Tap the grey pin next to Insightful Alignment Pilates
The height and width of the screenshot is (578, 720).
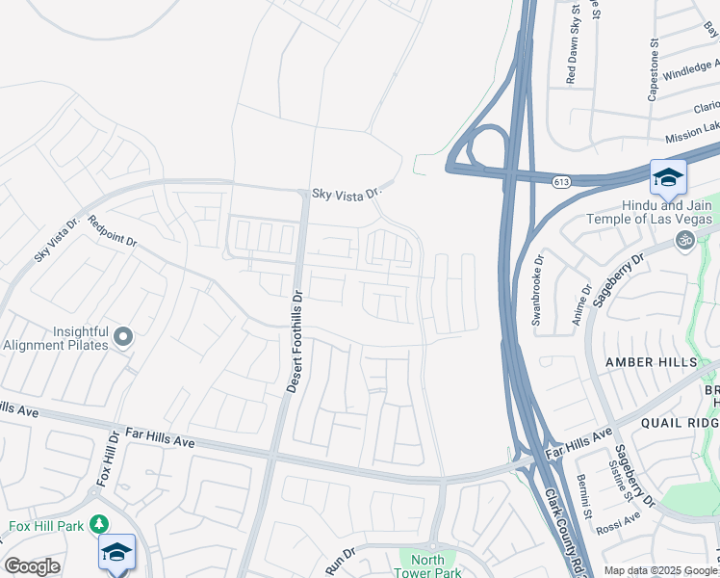(x=122, y=336)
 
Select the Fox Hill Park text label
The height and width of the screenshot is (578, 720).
(x=45, y=526)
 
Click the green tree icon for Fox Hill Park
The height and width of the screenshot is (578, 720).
(x=98, y=524)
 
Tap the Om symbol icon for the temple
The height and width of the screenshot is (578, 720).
(x=684, y=239)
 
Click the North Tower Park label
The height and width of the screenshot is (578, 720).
(x=428, y=566)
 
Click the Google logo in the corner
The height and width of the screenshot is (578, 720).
(x=32, y=566)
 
